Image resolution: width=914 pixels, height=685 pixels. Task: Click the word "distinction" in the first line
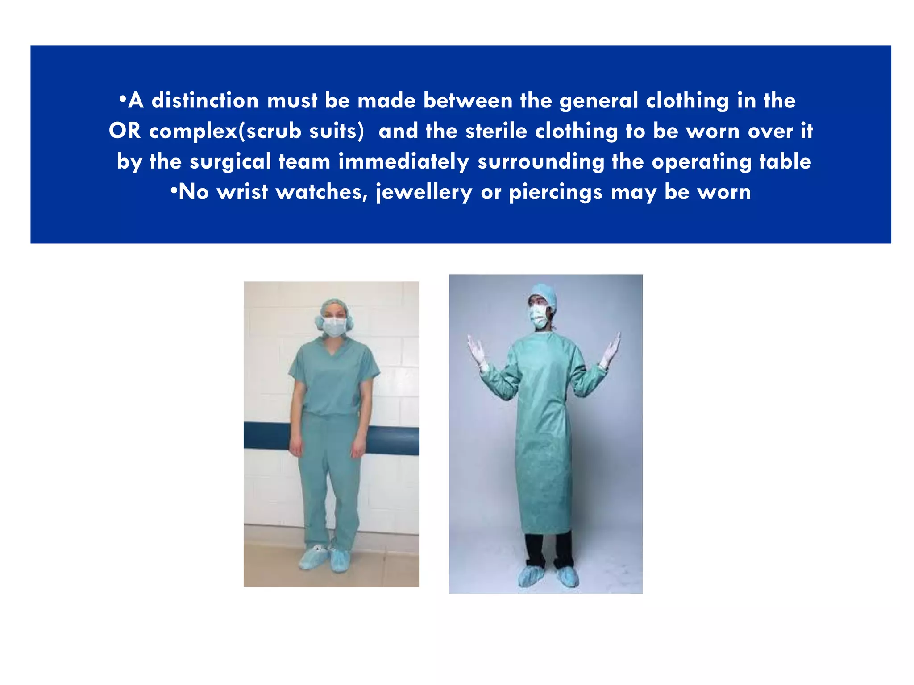click(x=205, y=101)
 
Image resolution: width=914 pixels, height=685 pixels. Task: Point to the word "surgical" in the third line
click(x=230, y=161)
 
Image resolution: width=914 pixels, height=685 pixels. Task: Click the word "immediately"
click(x=403, y=161)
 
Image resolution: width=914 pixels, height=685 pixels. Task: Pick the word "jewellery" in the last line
click(x=424, y=193)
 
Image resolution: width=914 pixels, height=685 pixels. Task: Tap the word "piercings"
click(x=556, y=193)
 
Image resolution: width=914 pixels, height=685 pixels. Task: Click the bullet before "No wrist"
click(x=174, y=191)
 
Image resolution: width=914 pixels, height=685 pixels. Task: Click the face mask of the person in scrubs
click(x=334, y=326)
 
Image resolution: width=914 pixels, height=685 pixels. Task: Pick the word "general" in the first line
click(x=598, y=101)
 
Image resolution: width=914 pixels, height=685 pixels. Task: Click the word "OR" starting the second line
click(x=125, y=131)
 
